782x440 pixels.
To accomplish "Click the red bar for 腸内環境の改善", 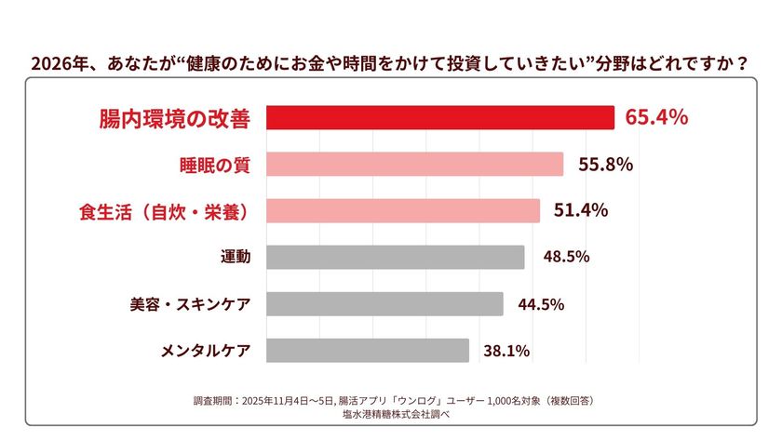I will (x=440, y=117).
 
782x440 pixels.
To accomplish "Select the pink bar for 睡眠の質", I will (x=414, y=164).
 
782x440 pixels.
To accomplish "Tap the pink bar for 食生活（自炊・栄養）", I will (x=403, y=210).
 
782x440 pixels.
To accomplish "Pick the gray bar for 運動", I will (x=395, y=257).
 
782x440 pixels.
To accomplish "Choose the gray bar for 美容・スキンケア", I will (x=384, y=304).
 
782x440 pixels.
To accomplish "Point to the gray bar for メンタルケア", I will (x=368, y=351).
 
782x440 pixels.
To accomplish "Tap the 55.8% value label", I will (x=605, y=164).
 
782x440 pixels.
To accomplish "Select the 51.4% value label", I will (x=581, y=210).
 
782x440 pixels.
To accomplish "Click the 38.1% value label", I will (x=506, y=351).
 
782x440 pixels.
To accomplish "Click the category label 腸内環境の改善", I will (x=174, y=118).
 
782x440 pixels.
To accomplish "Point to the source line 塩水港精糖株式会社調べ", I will (x=391, y=415).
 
